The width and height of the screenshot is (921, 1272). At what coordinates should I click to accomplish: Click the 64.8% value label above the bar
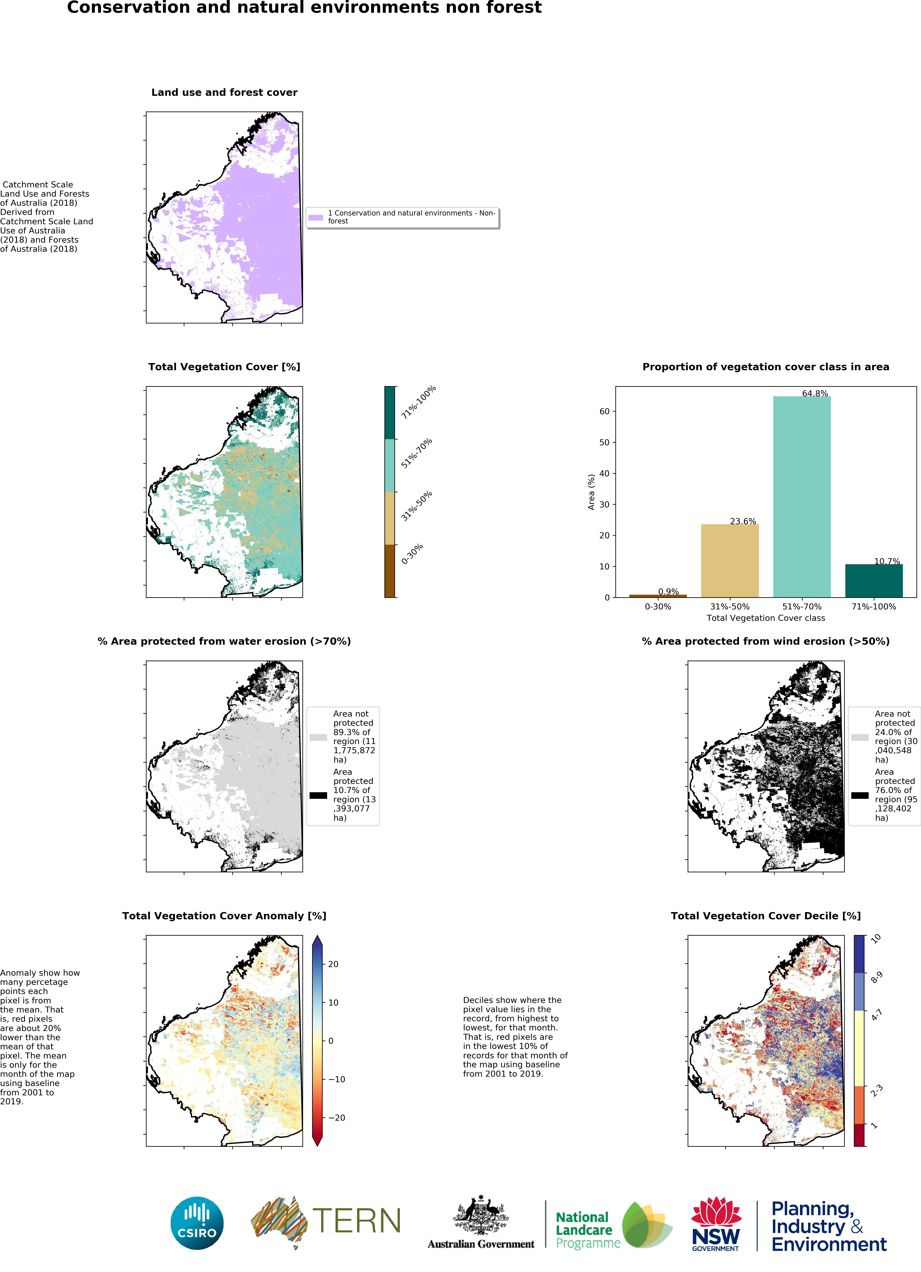[x=814, y=393]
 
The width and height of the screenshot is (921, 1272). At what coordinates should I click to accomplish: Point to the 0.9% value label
[x=668, y=591]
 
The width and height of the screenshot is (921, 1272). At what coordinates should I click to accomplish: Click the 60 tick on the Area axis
[x=604, y=411]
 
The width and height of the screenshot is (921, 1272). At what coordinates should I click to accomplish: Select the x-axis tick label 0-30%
[x=658, y=606]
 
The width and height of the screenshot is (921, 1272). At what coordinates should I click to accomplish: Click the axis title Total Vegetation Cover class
[x=765, y=618]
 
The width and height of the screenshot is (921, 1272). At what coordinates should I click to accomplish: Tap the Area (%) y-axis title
[x=591, y=492]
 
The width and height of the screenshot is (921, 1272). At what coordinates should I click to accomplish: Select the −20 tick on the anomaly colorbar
[x=336, y=1117]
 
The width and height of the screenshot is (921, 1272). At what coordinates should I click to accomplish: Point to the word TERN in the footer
[x=357, y=1221]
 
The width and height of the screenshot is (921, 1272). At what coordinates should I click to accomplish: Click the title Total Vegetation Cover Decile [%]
[x=765, y=916]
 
